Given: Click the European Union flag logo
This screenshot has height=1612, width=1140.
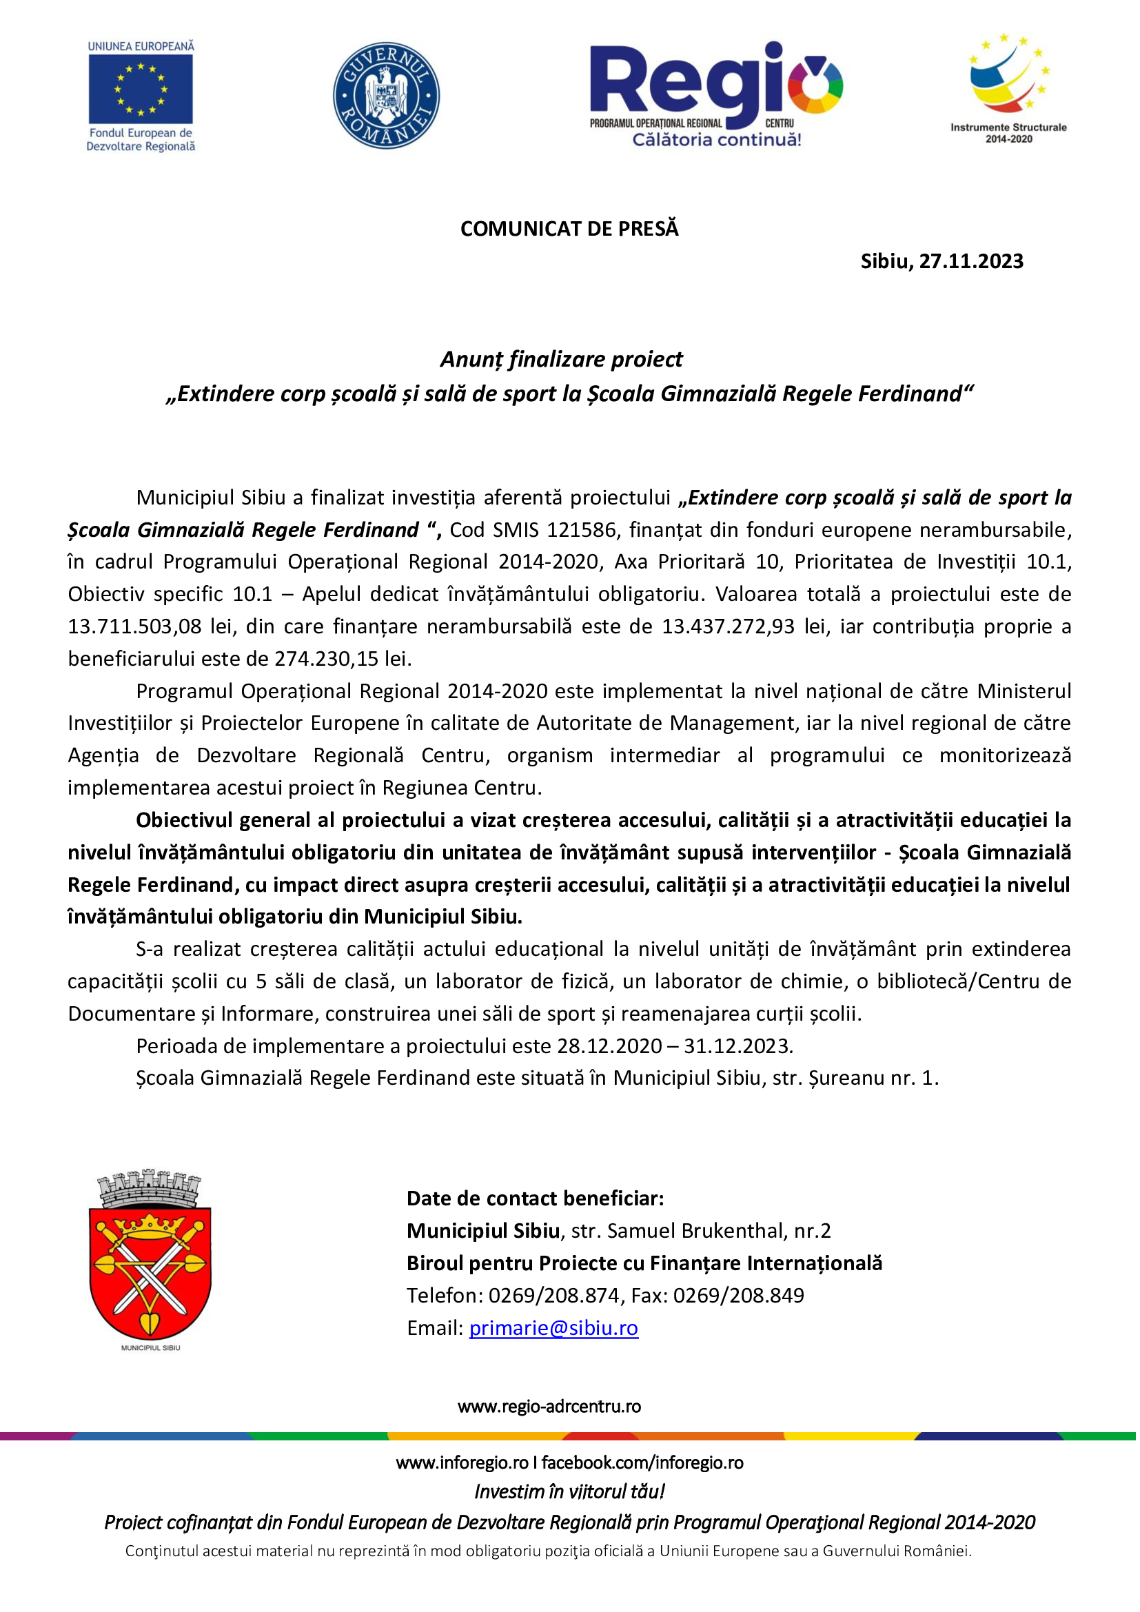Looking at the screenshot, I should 141,89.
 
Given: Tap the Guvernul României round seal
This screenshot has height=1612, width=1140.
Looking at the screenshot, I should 386,96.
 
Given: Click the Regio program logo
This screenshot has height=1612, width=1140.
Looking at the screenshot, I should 715,94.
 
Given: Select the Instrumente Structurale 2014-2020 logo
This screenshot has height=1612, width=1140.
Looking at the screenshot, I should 1009,88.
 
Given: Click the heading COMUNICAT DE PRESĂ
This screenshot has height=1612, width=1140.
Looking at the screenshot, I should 569,229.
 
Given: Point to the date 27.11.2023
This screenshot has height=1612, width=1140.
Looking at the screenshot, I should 972,262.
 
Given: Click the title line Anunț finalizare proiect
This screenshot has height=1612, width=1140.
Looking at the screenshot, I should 561,360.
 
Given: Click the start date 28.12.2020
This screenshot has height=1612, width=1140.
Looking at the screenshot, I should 609,1046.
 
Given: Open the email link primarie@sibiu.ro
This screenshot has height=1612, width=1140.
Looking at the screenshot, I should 553,1328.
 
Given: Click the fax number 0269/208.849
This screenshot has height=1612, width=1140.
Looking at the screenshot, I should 738,1296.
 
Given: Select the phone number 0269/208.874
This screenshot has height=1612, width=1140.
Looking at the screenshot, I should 554,1296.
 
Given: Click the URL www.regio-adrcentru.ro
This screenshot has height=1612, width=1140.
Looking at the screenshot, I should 549,1407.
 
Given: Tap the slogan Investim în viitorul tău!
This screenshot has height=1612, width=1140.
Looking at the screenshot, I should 569,1491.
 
